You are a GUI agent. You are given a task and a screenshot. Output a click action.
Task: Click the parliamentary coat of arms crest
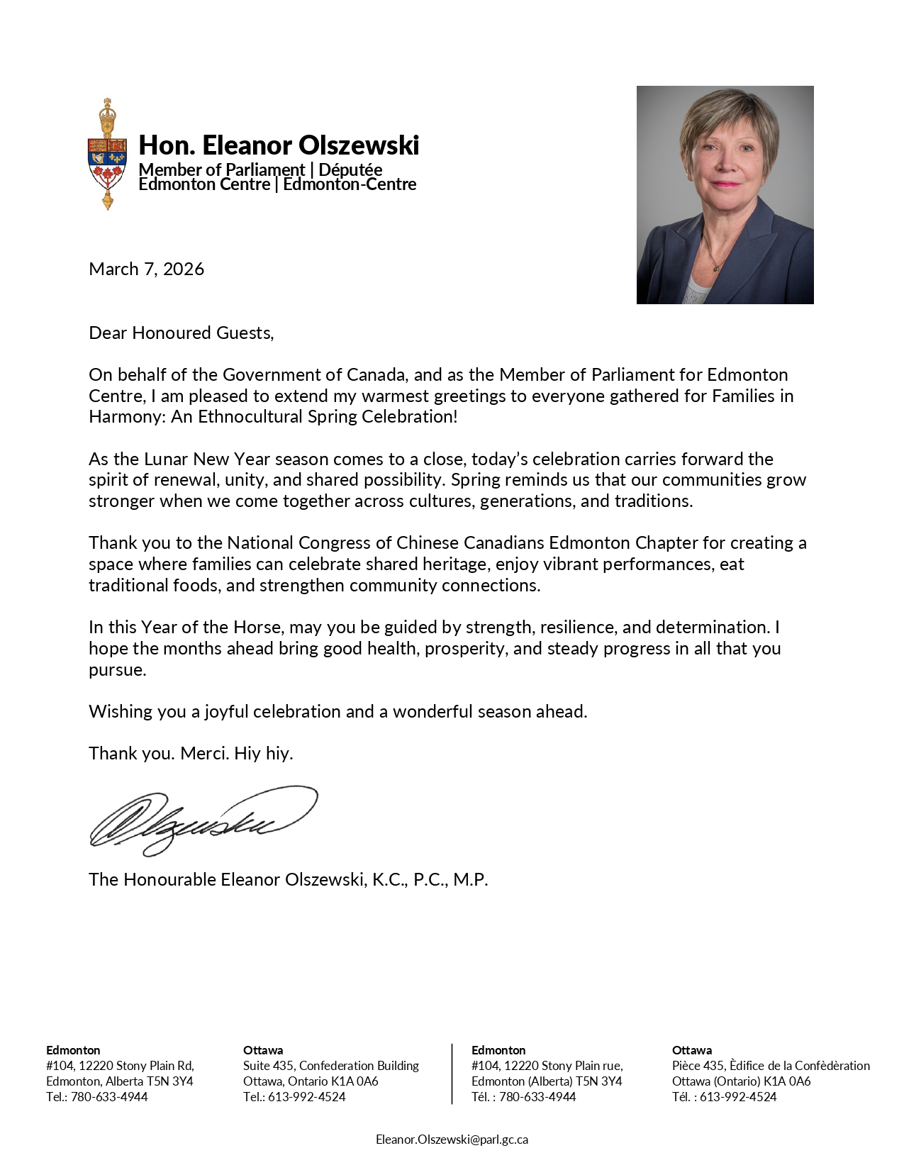[107, 155]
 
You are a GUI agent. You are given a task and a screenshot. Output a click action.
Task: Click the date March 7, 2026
[146, 269]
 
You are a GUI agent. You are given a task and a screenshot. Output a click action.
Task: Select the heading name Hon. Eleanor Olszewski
[279, 145]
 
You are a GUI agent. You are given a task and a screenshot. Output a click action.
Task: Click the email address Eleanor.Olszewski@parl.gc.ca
[452, 1140]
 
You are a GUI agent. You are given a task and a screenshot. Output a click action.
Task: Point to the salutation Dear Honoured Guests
[181, 333]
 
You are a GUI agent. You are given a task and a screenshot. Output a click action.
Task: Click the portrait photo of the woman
[725, 195]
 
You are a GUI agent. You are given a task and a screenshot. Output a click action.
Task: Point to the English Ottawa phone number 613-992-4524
[306, 1097]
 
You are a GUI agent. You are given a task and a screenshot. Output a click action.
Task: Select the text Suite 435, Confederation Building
[330, 1066]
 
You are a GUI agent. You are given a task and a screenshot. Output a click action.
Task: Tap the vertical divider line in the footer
[452, 1074]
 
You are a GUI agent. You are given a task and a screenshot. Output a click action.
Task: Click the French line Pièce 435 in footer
[770, 1066]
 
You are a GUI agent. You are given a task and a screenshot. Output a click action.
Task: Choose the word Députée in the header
[350, 170]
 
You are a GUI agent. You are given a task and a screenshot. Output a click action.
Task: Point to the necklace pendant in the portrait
[717, 268]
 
